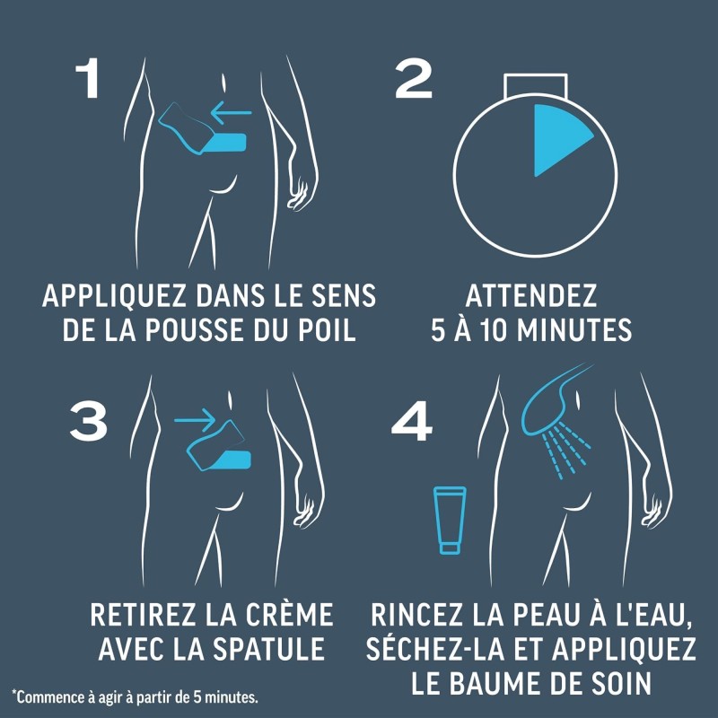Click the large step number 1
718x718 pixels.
click(88, 78)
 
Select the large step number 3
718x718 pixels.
click(88, 421)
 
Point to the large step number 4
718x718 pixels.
click(412, 421)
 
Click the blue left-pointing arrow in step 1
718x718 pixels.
click(232, 113)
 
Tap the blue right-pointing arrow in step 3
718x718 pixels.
click(195, 420)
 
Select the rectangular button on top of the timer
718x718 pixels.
click(536, 85)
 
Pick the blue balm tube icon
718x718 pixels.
click(450, 520)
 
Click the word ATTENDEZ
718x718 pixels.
click(531, 296)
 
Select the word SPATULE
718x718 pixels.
click(269, 648)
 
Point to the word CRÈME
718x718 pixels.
click(289, 614)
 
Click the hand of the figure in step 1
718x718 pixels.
click(299, 195)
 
